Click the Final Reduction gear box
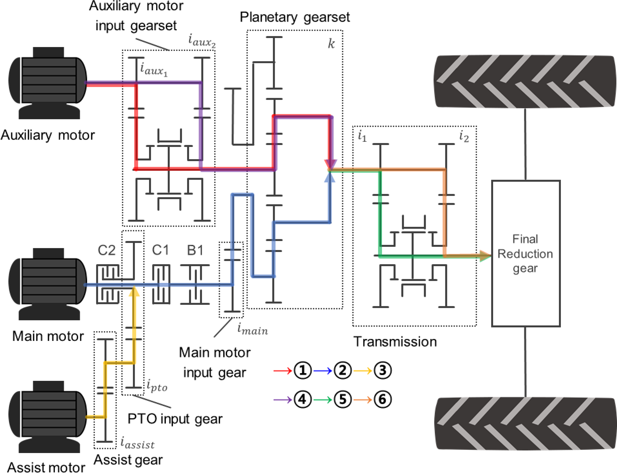[525, 253]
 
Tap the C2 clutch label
[106, 250]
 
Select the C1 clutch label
[160, 250]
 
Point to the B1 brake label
[195, 250]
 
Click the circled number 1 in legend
[302, 371]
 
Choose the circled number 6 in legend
[382, 400]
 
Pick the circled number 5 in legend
[342, 400]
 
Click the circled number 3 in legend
[382, 371]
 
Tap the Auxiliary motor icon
[48, 83]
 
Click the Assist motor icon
[48, 417]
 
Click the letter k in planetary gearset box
[331, 44]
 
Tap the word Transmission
[395, 342]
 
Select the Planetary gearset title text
[294, 17]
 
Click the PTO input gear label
[175, 419]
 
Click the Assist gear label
[128, 460]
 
